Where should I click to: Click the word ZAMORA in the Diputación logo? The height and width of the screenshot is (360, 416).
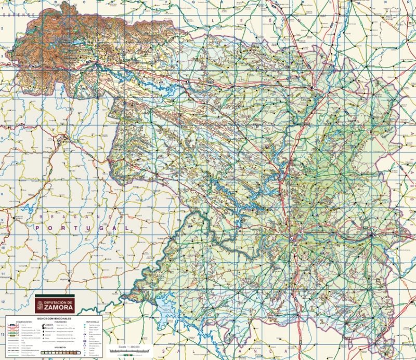tap(59, 306)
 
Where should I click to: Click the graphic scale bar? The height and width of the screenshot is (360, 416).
tap(129, 352)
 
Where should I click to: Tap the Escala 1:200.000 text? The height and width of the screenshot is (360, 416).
tap(129, 346)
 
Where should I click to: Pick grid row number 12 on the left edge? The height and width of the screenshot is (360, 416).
tap(3, 301)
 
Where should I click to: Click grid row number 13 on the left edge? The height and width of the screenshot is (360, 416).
tap(3, 334)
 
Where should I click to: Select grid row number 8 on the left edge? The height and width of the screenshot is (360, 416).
tap(3, 194)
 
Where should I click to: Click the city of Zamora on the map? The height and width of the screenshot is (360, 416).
tap(295, 239)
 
